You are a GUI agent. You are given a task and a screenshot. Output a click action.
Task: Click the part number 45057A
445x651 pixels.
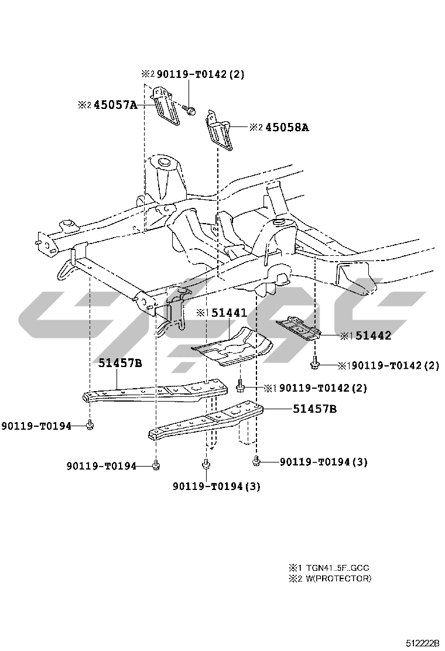[116, 105]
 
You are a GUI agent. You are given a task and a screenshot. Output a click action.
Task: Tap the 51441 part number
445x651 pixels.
[229, 313]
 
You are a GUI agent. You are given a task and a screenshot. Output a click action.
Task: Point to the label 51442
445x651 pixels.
[373, 335]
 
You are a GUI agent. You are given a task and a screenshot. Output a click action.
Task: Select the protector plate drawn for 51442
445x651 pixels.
[299, 328]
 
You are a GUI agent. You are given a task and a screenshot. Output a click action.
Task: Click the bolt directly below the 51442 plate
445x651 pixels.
[315, 364]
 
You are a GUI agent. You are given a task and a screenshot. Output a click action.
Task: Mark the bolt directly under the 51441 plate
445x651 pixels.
[240, 386]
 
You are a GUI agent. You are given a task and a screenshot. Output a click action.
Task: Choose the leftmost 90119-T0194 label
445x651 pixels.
[36, 426]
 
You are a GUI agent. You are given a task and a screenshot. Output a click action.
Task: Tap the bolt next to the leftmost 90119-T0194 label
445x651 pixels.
[90, 425]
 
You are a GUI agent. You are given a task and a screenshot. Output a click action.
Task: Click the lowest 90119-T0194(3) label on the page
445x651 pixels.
[217, 486]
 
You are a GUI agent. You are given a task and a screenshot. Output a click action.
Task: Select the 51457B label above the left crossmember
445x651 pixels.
[120, 363]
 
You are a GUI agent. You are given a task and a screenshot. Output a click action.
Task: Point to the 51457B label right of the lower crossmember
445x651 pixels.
[314, 409]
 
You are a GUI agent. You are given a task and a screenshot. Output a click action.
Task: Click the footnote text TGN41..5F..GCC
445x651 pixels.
[338, 568]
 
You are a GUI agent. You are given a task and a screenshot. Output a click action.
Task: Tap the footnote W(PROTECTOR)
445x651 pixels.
[338, 578]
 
